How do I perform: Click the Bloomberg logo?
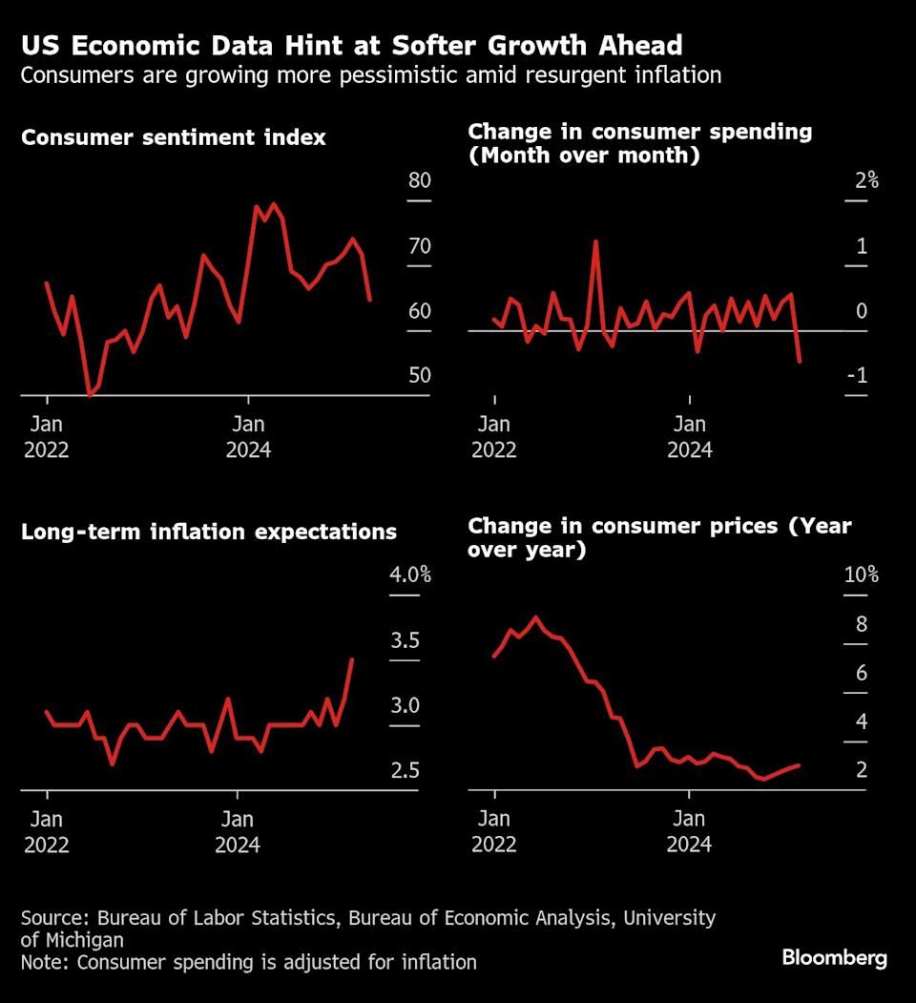[x=834, y=958]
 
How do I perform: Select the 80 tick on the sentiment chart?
[x=420, y=181]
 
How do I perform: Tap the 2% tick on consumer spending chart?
[x=865, y=181]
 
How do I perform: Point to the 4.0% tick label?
[x=411, y=575]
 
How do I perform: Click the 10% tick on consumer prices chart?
[x=861, y=575]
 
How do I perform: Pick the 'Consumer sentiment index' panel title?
[x=174, y=137]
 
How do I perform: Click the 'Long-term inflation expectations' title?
[x=209, y=532]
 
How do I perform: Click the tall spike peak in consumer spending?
[x=595, y=240]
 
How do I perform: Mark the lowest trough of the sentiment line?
[x=90, y=393]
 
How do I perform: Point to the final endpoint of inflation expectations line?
[x=352, y=659]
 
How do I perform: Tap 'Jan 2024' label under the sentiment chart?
[x=248, y=436]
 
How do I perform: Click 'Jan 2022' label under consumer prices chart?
[x=493, y=831]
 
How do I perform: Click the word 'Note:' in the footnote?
[x=46, y=962]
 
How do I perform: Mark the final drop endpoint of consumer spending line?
[x=800, y=362]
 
